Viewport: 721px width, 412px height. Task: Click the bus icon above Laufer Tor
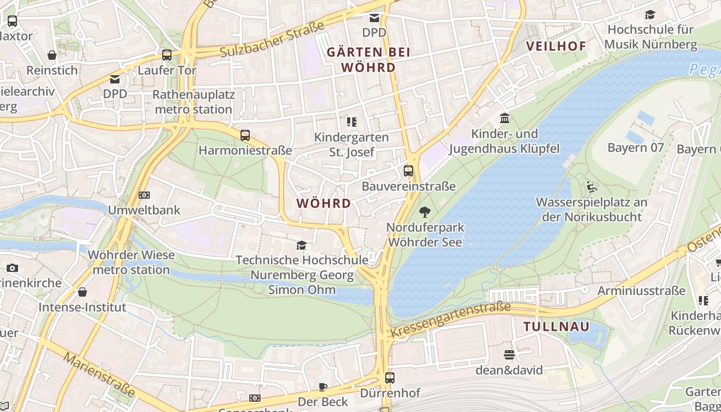click(x=166, y=55)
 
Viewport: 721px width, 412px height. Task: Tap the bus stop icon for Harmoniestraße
click(x=245, y=135)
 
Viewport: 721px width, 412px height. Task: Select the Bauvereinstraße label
click(x=408, y=186)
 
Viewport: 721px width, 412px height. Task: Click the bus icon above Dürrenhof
click(x=390, y=378)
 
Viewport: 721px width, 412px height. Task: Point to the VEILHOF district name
click(x=556, y=46)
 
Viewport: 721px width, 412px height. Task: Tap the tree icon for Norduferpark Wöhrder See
click(x=425, y=212)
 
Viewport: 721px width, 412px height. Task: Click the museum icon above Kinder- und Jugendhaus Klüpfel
click(x=505, y=119)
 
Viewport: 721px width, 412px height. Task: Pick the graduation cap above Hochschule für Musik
click(x=650, y=14)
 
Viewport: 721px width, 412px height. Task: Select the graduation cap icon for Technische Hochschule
click(x=301, y=245)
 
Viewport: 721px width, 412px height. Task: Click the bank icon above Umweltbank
click(x=144, y=195)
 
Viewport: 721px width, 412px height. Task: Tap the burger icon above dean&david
click(x=509, y=355)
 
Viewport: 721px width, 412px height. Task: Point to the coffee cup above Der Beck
click(x=323, y=387)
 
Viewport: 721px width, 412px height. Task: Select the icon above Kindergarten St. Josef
click(x=352, y=122)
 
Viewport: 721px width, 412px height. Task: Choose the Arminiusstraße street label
click(x=641, y=291)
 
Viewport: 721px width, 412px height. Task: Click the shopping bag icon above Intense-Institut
click(x=82, y=293)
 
